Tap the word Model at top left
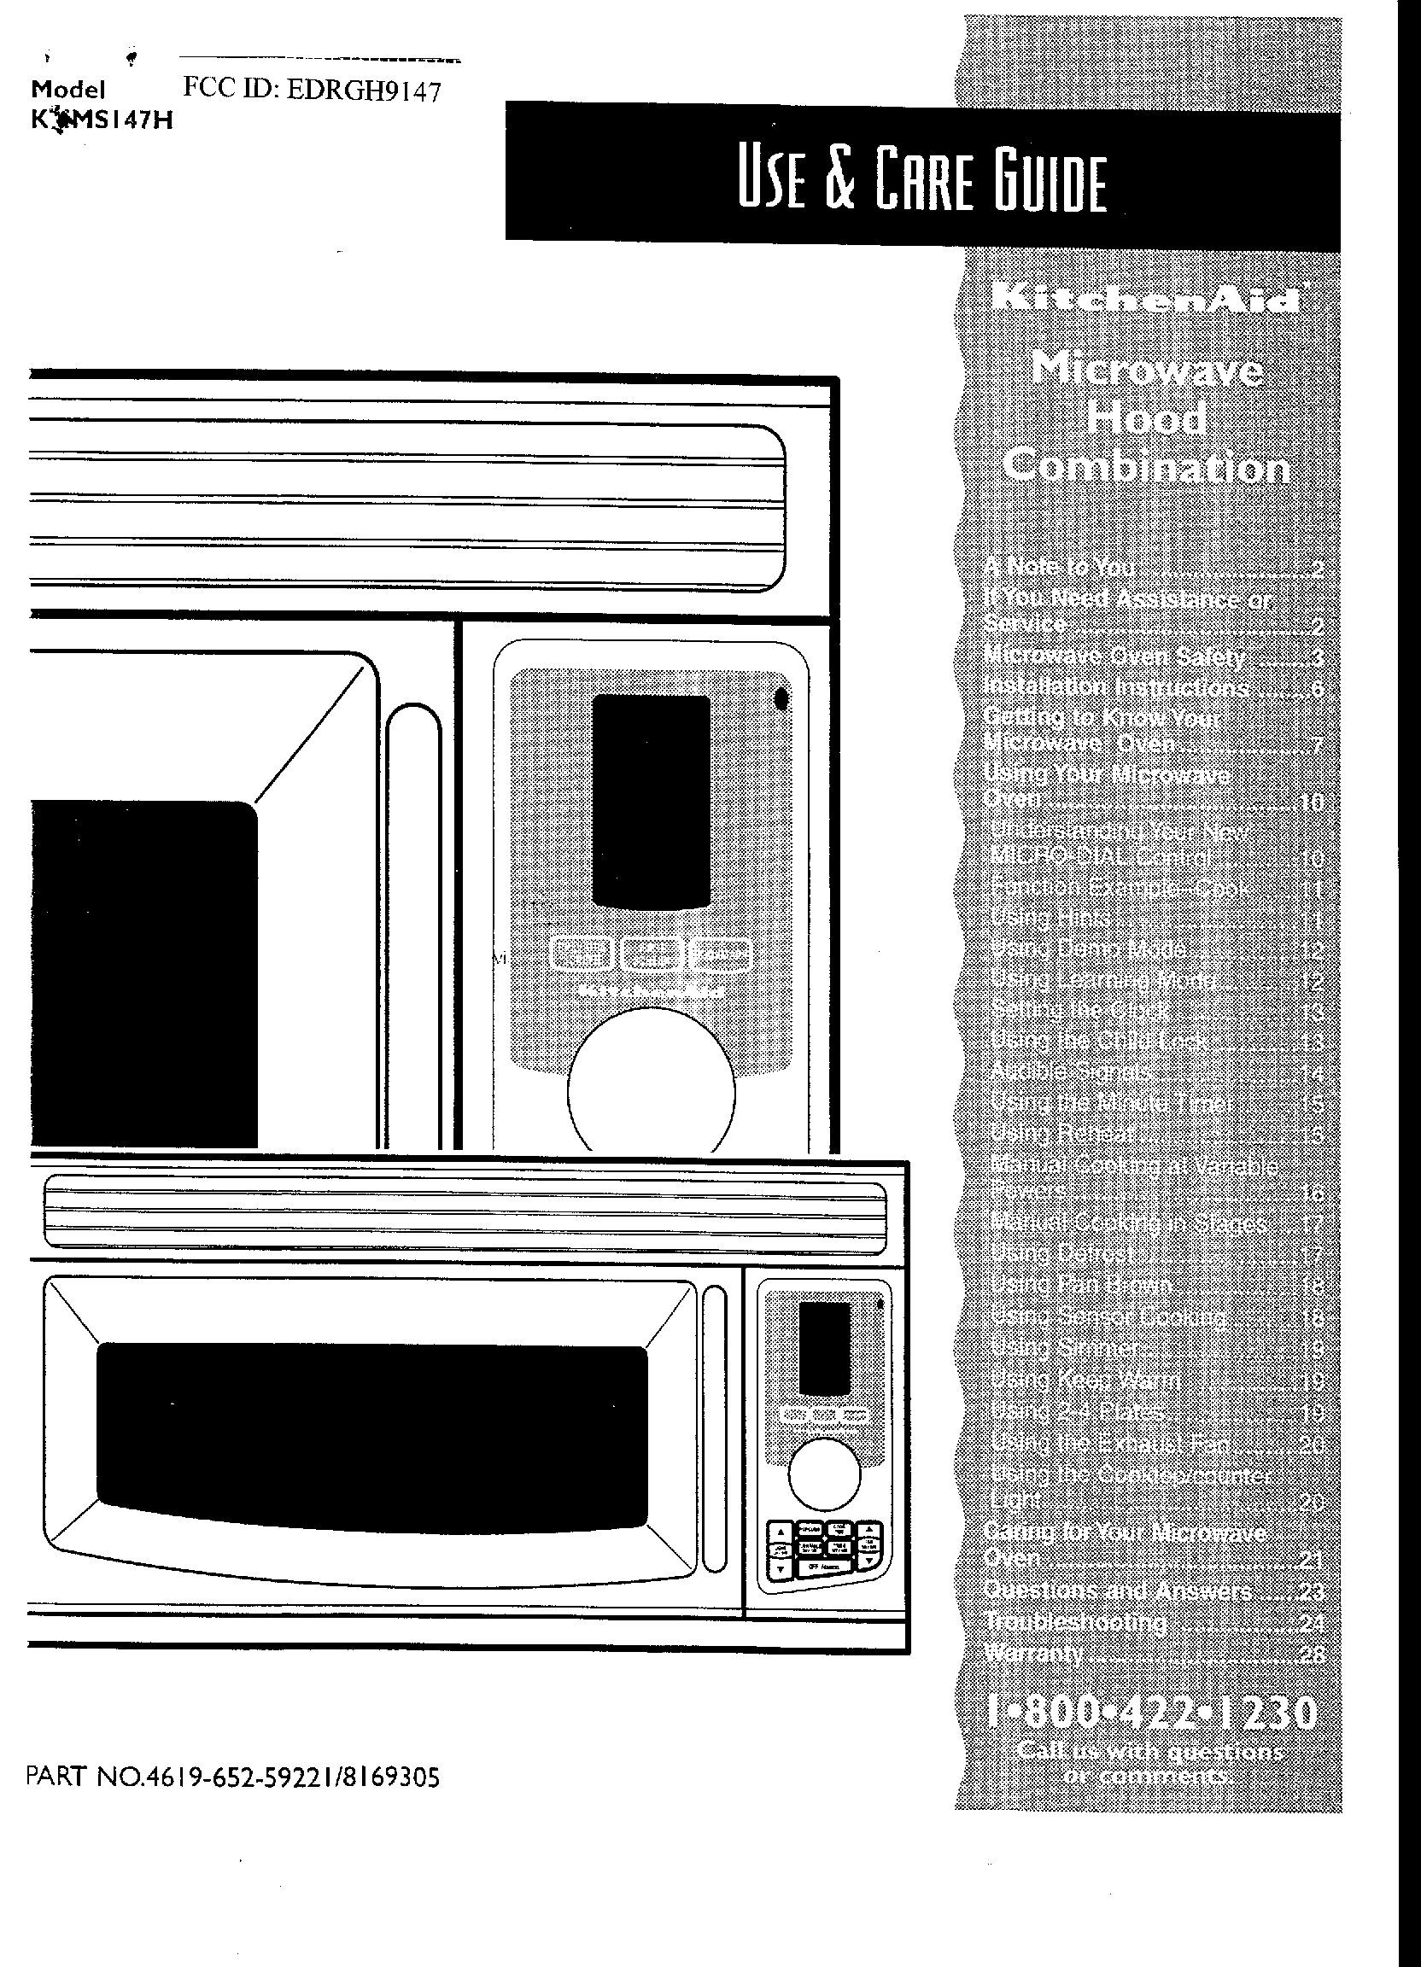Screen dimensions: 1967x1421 pos(67,90)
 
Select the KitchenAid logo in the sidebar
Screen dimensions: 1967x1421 pos(1147,299)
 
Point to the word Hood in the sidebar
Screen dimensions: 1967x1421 pos(1146,419)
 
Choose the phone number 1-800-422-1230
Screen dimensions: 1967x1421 pos(1152,1713)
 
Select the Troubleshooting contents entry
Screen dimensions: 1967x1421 pos(1076,1622)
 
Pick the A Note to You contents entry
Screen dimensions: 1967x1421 pos(1059,567)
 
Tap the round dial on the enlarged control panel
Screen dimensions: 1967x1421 pos(651,1091)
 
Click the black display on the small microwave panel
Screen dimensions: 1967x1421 pos(824,1348)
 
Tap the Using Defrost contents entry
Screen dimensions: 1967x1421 pos(1061,1254)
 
